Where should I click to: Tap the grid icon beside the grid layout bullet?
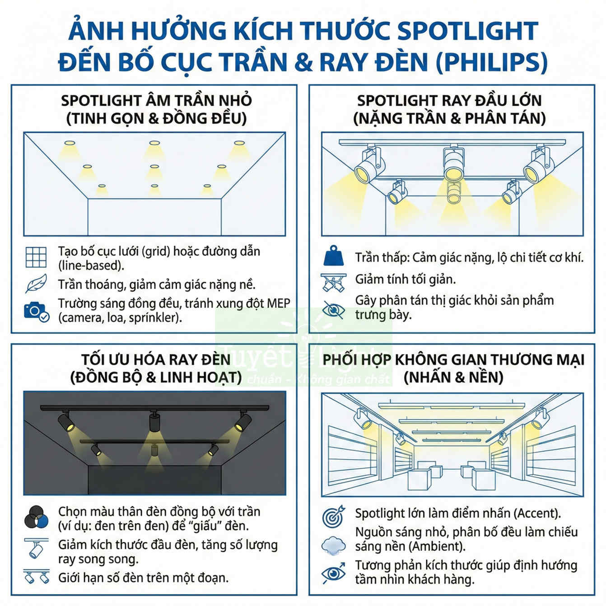coord(36,258)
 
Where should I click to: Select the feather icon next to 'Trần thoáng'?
coord(36,284)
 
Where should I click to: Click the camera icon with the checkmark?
coord(36,311)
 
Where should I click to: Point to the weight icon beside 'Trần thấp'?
coord(334,256)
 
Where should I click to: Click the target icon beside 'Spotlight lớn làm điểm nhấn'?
coord(334,516)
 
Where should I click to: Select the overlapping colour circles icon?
coord(36,518)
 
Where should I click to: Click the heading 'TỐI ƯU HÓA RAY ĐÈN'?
coord(156,359)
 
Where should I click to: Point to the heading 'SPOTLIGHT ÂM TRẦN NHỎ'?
coord(156,100)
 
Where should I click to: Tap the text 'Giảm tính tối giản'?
coord(405,280)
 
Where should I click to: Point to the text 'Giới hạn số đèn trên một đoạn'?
coord(143,578)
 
